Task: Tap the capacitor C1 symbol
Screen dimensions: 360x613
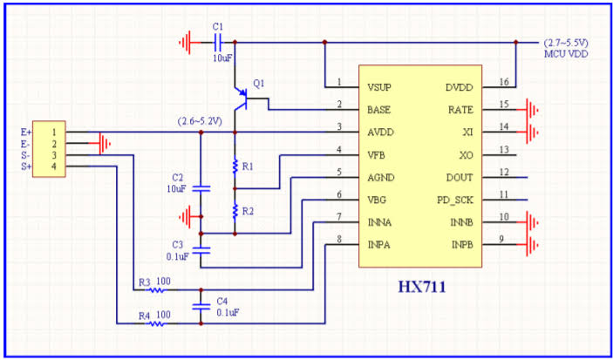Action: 218,41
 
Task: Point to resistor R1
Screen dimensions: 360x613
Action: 235,166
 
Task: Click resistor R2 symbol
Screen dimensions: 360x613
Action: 235,210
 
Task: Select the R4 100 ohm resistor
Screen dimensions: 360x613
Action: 157,323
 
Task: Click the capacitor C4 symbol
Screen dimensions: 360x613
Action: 201,306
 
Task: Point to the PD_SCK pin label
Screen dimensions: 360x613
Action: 455,200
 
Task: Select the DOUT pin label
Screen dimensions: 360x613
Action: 460,177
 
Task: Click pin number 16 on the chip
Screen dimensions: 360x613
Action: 503,83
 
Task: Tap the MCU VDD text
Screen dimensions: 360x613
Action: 566,54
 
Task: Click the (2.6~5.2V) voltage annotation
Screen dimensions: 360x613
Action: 205,120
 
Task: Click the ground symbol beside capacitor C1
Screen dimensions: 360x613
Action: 186,41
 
